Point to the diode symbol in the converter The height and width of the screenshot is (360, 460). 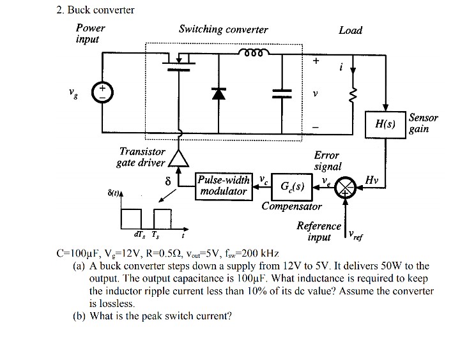coord(219,93)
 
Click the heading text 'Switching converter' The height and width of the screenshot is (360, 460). coord(223,29)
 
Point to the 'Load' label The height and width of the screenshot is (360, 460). coord(350,30)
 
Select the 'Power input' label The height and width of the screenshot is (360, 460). coord(89,34)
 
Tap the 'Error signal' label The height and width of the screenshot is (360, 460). coord(327,161)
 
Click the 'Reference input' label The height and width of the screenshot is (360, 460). coord(319,231)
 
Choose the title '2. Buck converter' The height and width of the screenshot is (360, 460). coord(91,10)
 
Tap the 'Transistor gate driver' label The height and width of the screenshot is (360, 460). coord(141,157)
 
